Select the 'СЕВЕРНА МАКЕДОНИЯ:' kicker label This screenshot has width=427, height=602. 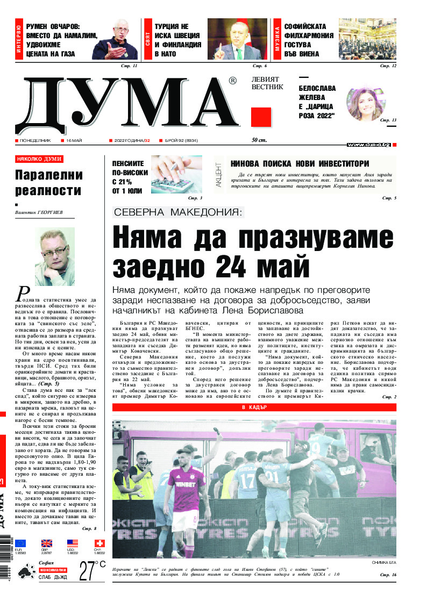tap(179, 212)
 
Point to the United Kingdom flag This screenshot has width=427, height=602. tap(47, 543)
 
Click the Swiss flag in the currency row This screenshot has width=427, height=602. tap(99, 543)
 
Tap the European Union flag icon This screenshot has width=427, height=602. tap(20, 543)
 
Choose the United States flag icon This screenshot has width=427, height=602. tap(73, 543)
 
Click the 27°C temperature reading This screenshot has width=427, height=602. tap(91, 571)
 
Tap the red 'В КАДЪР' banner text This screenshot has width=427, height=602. tap(254, 407)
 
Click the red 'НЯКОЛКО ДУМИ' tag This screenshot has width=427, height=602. tap(39, 159)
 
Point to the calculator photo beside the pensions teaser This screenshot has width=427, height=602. tap(176, 174)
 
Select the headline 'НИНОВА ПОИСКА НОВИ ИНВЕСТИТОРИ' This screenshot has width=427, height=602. tap(300, 164)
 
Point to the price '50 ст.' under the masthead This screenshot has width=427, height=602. tap(260, 140)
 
